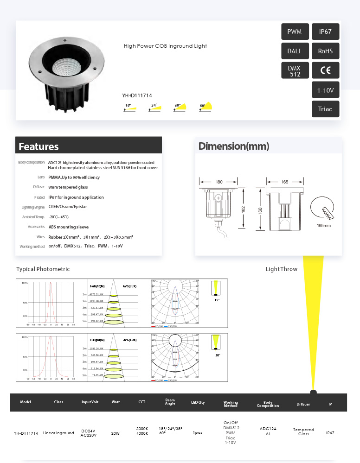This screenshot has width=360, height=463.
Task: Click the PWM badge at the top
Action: tap(295, 32)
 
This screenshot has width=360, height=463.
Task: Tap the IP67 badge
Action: tap(325, 32)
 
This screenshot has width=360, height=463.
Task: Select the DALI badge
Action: tap(295, 51)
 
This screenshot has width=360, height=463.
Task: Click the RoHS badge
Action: tap(325, 51)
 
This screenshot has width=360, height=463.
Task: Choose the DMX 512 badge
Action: tap(295, 70)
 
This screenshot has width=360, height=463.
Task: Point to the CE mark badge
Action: tap(325, 70)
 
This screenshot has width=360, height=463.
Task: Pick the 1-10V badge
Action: tap(325, 90)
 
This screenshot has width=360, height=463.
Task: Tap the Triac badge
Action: tap(325, 109)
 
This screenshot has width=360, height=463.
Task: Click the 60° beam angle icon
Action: tap(206, 107)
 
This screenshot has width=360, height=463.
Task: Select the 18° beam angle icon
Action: tap(130, 108)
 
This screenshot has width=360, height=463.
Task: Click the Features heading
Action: tap(39, 147)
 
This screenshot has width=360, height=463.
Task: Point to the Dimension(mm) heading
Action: tap(234, 146)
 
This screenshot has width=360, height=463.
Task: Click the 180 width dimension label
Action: tap(219, 182)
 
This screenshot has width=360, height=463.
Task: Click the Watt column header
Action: tap(116, 402)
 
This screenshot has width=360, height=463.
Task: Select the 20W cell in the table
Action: tap(116, 433)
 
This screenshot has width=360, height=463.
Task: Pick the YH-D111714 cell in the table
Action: tap(26, 433)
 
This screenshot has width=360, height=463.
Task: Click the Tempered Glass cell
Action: tap(303, 431)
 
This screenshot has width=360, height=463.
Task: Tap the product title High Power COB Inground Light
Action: tap(165, 46)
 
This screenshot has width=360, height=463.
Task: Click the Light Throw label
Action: tap(282, 269)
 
